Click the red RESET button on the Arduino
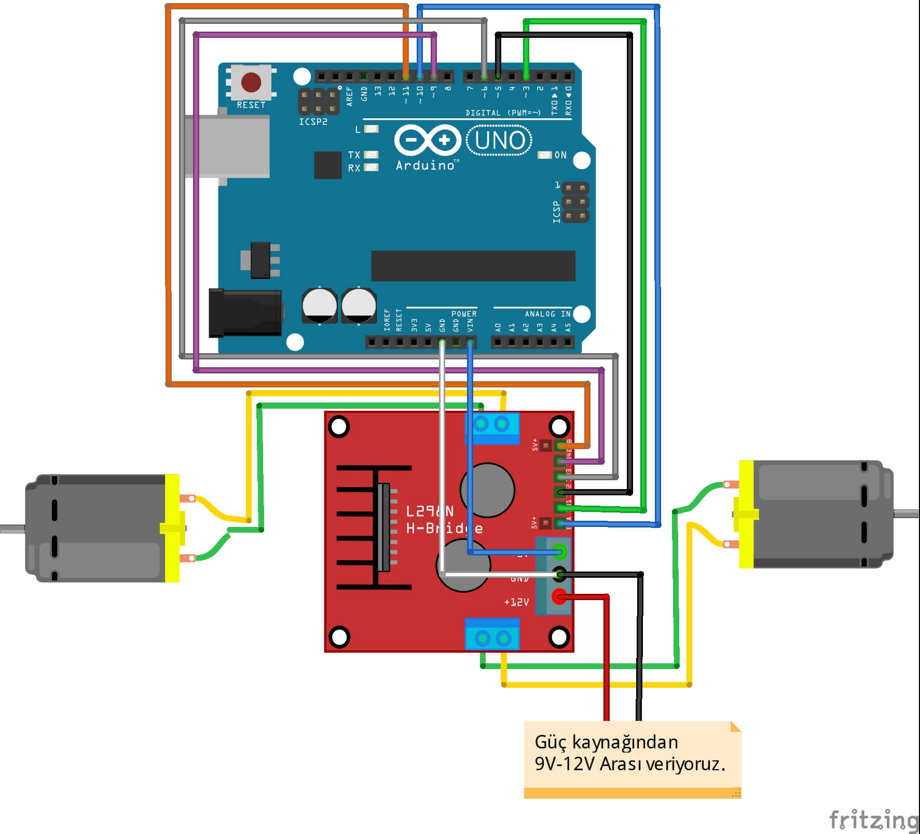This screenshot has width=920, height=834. (x=251, y=82)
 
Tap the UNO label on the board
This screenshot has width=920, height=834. (x=499, y=140)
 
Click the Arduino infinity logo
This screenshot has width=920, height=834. (x=428, y=140)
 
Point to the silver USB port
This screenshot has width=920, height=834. (x=227, y=146)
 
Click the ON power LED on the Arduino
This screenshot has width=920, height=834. (x=544, y=155)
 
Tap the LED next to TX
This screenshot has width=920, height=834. (x=371, y=155)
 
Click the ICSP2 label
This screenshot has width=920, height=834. (x=313, y=122)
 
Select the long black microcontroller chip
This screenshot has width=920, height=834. (x=473, y=266)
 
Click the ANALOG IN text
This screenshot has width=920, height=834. (x=547, y=314)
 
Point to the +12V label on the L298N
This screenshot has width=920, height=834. (x=516, y=602)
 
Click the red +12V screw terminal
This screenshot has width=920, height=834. (x=559, y=596)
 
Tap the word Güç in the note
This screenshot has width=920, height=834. (x=551, y=743)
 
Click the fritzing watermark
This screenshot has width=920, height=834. (x=873, y=819)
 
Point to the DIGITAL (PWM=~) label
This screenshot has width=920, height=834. (x=503, y=113)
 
